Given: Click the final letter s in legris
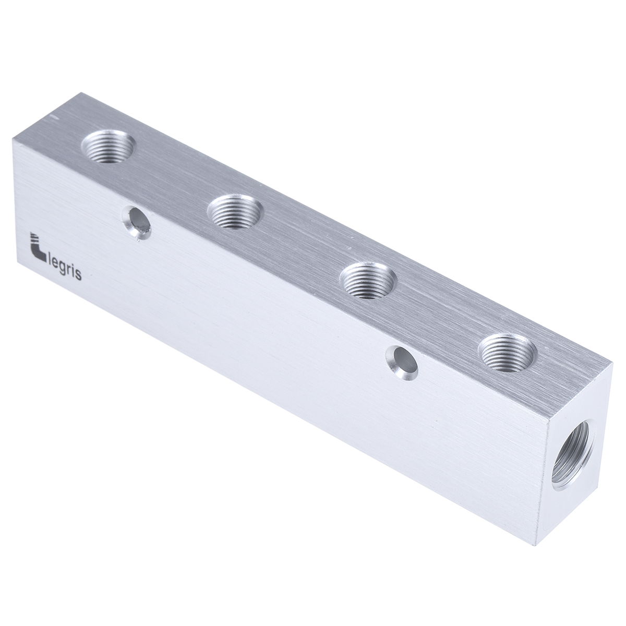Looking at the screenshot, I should click(x=78, y=276).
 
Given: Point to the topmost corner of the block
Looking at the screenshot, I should click(x=80, y=94).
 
